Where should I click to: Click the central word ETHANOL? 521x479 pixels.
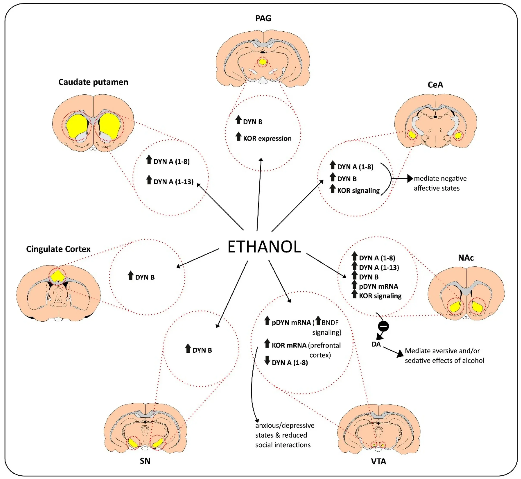(x=264, y=247)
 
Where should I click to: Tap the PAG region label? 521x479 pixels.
(x=263, y=18)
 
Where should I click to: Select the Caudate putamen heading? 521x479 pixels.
(x=93, y=82)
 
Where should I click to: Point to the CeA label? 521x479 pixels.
(x=435, y=85)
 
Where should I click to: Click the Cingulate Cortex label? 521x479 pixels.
(x=58, y=249)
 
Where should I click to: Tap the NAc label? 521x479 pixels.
(x=466, y=258)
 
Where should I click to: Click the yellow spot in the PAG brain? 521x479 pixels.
(x=263, y=62)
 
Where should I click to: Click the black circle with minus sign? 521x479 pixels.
(x=383, y=326)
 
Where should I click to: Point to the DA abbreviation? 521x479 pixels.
(x=376, y=344)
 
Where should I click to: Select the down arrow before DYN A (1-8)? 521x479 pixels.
(x=267, y=360)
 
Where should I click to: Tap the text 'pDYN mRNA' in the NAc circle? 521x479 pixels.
(x=378, y=286)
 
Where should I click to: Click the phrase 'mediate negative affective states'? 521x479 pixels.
(x=440, y=183)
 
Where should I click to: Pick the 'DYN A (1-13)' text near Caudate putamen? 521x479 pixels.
(x=173, y=182)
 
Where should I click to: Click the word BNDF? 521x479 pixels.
(x=330, y=323)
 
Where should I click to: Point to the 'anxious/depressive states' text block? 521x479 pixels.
(x=285, y=435)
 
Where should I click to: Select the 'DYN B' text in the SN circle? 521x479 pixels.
(x=202, y=350)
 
